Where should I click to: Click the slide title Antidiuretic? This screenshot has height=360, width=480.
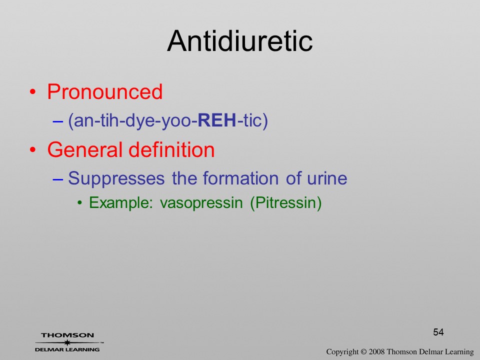[x=239, y=41]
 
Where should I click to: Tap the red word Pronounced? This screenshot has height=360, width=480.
[x=104, y=91]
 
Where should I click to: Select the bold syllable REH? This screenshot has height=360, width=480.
[x=217, y=120]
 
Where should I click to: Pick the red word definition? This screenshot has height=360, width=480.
[x=171, y=149]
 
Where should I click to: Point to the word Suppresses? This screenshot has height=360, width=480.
[x=116, y=178]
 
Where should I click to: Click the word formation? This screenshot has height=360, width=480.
[x=240, y=178]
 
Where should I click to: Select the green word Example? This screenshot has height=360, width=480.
[x=121, y=202]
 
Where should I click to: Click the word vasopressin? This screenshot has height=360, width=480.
[x=201, y=203]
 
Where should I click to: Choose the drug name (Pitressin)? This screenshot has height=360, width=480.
[x=286, y=203]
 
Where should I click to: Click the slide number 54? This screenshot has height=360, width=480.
[x=438, y=332]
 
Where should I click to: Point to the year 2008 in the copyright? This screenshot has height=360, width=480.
[x=376, y=352]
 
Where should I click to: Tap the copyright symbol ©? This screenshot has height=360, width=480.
[x=363, y=352]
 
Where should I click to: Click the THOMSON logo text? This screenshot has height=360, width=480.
[x=67, y=335]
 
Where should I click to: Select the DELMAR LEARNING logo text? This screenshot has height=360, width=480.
[x=67, y=349]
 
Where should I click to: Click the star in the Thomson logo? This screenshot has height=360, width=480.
[x=67, y=342]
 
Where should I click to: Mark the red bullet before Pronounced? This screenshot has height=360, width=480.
[x=32, y=92]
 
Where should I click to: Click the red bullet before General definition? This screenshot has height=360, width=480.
[x=32, y=150]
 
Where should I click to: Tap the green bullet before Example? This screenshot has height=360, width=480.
[x=80, y=202]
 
